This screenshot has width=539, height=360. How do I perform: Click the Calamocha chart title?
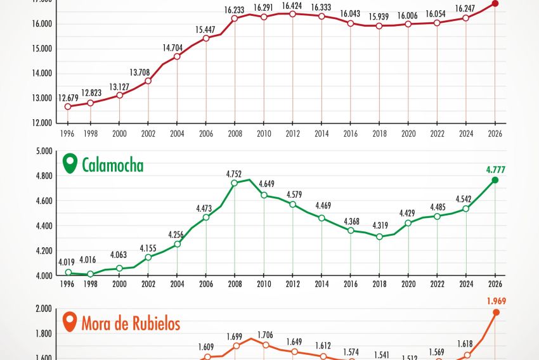click(112, 165)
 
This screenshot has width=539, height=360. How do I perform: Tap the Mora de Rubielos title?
click(131, 324)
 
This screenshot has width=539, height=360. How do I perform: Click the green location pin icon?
click(70, 164)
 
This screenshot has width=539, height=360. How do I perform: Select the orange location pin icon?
click(70, 323)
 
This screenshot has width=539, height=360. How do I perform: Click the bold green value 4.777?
click(495, 169)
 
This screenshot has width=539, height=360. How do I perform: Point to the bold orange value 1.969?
click(495, 301)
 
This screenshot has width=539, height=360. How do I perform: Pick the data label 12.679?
click(68, 98)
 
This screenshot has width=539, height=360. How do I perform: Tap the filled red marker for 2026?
click(495, 4)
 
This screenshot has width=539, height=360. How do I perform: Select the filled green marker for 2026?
click(495, 181)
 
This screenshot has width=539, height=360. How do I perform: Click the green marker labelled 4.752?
click(235, 183)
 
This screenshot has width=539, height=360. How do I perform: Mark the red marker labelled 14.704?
click(177, 56)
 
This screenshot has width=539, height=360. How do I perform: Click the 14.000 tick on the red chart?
click(42, 74)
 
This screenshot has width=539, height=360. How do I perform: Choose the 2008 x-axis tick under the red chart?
click(235, 134)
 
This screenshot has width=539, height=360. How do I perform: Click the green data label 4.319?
click(379, 225)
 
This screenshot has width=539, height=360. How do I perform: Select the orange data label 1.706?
click(266, 335)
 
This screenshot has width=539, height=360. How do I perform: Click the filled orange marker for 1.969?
click(496, 312)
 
